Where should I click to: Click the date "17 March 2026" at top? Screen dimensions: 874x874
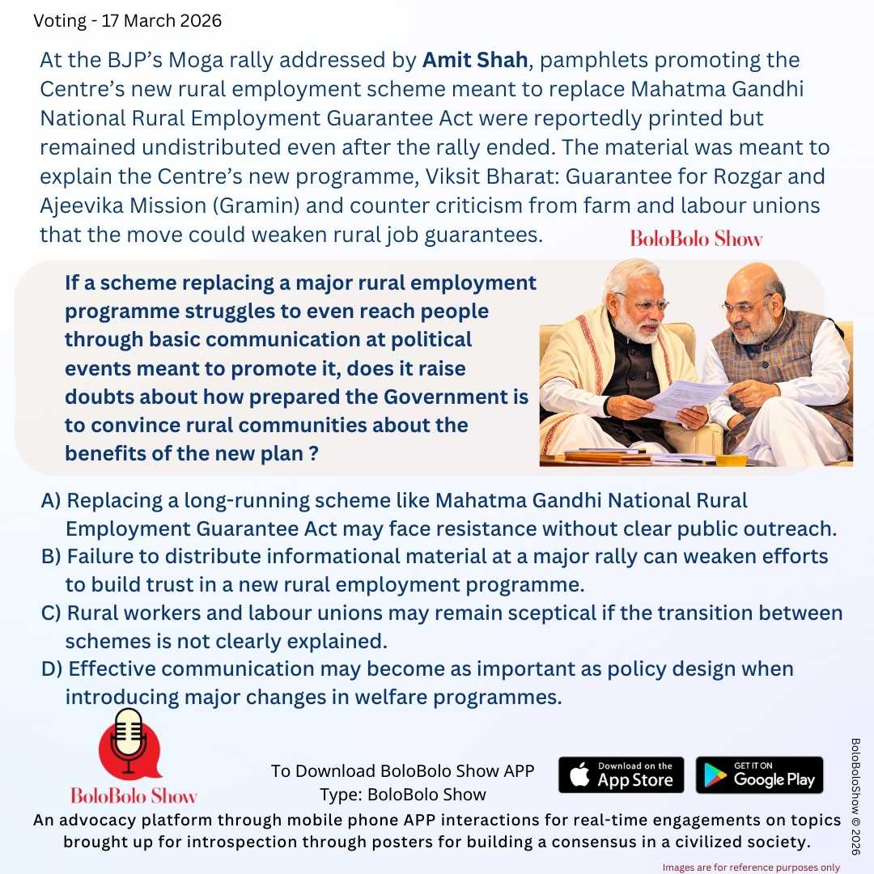point(162,21)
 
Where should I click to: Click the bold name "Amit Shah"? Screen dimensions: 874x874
point(475,60)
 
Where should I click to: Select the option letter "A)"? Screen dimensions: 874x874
point(51,501)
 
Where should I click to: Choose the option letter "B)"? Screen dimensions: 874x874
point(51,557)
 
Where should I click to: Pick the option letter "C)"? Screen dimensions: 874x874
point(51,613)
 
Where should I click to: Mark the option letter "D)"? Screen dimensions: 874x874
point(52,669)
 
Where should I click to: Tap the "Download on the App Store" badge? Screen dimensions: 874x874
point(621,774)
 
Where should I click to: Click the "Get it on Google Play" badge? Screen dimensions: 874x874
point(759,774)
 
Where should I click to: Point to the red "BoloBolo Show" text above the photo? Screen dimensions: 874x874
point(696,239)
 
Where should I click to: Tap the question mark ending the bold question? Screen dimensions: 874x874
point(312,454)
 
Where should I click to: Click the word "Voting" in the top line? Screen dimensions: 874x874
point(60,21)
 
